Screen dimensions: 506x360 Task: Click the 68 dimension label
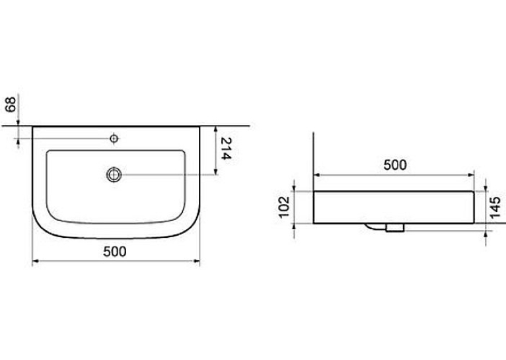12,104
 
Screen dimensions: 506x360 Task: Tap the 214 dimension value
226,149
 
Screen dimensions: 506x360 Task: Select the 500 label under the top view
115,252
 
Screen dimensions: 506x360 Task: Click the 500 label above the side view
395,165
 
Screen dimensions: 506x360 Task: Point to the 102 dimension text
284,207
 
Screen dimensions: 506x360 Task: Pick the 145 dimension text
495,207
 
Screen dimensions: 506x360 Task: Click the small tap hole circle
114,139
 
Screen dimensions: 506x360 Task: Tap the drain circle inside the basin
114,175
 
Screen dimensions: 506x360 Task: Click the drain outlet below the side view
394,227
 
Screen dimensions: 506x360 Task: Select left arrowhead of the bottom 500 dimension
36,261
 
